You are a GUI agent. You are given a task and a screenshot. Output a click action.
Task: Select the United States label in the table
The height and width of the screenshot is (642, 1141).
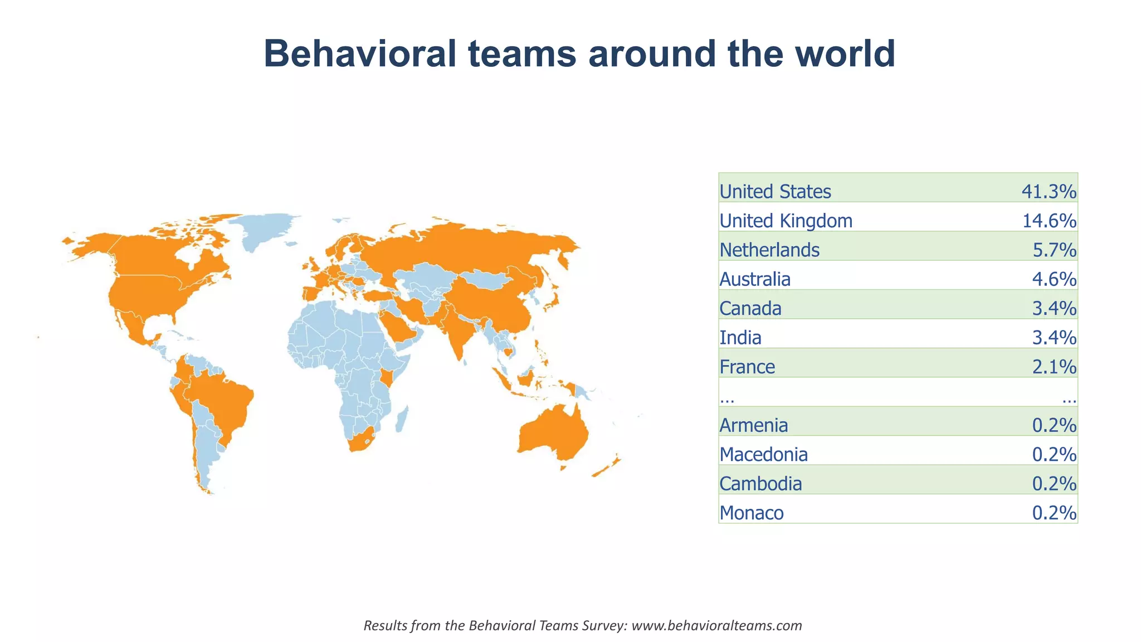[x=775, y=192]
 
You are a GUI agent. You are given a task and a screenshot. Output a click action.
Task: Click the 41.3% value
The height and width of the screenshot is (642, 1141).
[x=1049, y=192]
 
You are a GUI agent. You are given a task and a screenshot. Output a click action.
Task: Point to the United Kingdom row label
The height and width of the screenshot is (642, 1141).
[x=786, y=221]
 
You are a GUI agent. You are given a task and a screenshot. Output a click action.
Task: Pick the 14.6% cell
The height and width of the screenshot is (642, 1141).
[x=1049, y=221]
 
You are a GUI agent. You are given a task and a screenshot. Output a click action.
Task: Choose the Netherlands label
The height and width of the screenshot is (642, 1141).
[x=769, y=250]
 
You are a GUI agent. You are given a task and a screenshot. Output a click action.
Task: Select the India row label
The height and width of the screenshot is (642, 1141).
[x=740, y=338]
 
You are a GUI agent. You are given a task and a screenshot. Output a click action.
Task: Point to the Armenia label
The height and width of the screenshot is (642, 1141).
[x=754, y=425]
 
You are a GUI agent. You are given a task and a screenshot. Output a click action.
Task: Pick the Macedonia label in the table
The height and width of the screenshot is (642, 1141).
[x=763, y=455]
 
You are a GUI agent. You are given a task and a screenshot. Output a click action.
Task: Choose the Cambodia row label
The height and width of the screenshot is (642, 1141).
[x=760, y=484]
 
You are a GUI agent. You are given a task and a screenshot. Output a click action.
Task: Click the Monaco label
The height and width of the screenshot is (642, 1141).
[x=752, y=513]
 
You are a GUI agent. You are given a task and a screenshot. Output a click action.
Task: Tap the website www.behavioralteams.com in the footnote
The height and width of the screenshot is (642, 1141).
[x=716, y=625]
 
